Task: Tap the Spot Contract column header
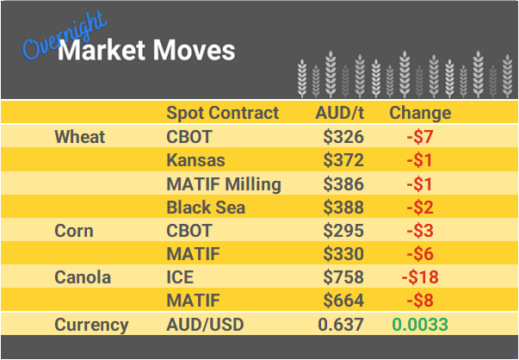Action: tap(222, 113)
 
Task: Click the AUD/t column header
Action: tap(339, 113)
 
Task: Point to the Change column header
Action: tap(420, 113)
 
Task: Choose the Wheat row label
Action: tap(79, 137)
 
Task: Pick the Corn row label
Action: tap(74, 231)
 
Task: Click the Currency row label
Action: tap(91, 325)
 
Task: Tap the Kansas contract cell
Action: tap(195, 160)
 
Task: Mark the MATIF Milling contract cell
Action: tap(223, 183)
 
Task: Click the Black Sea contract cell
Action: tap(206, 208)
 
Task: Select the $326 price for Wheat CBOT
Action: tap(343, 137)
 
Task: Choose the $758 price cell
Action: tap(343, 277)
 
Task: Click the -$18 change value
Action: tap(419, 277)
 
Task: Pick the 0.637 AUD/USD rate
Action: tap(341, 325)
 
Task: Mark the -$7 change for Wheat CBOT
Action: tap(419, 137)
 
